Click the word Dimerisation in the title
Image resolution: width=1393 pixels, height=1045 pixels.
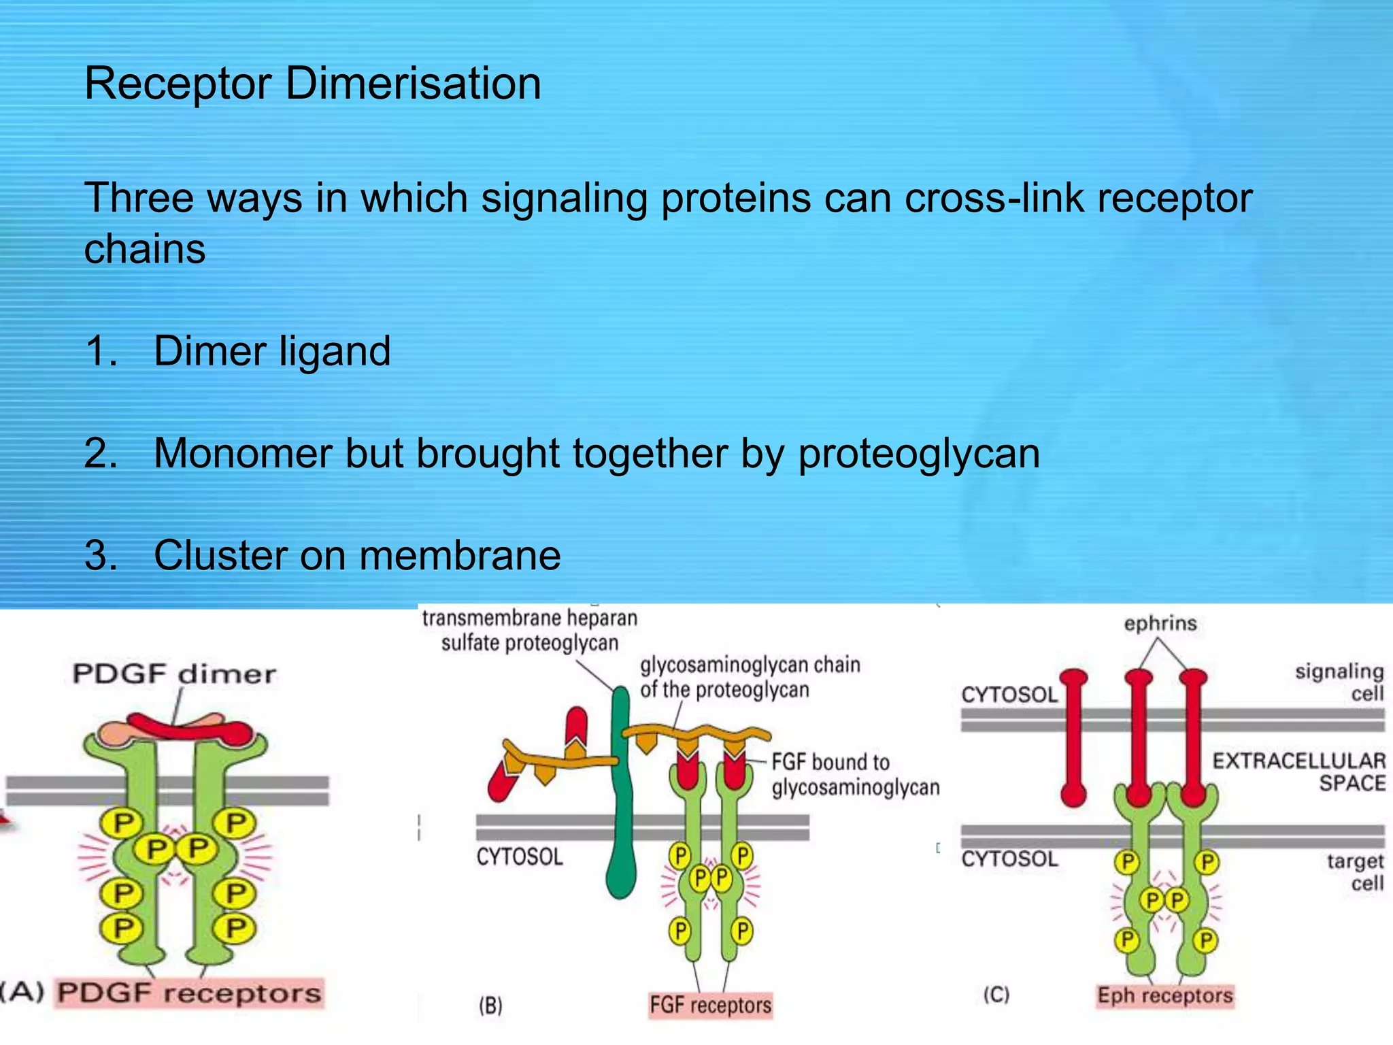(413, 84)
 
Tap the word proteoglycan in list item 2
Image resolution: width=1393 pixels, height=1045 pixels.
(919, 454)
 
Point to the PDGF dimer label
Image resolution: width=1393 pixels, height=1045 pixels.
(175, 674)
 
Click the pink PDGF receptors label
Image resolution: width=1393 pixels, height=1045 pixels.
(189, 993)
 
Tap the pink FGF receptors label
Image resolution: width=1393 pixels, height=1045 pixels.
(710, 1005)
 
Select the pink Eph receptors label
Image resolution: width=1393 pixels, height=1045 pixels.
(1164, 995)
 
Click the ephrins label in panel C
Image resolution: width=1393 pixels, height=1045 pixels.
(1160, 623)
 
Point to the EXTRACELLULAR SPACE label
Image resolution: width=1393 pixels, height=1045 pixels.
(1298, 772)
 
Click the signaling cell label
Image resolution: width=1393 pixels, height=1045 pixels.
(1339, 682)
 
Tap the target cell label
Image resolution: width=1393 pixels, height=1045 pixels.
(1354, 872)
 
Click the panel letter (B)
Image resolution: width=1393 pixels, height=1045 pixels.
(490, 1006)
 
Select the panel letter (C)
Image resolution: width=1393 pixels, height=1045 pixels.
(996, 995)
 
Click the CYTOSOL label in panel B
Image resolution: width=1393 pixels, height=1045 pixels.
(520, 857)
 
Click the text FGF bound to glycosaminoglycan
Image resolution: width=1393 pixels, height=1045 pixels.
(854, 775)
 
